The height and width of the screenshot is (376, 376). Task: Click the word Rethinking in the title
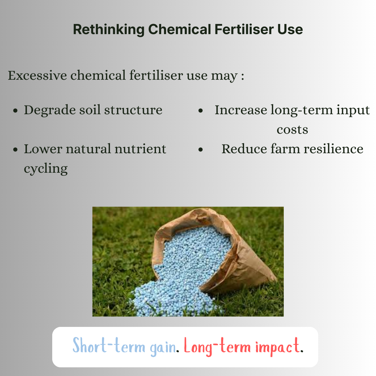109,30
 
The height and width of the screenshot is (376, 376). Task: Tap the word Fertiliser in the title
244,29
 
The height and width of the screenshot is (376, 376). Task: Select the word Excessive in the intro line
37,75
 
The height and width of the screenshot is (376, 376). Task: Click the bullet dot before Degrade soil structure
16,111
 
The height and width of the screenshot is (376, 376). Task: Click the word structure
133,110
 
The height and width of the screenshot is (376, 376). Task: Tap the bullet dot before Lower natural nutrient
16,150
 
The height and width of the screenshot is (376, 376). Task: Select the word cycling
46,169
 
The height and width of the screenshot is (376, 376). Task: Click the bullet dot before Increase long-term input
201,111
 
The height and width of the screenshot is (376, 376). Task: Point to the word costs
292,130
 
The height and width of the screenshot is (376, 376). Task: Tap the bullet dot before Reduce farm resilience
201,150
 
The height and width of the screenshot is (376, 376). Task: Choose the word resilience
334,149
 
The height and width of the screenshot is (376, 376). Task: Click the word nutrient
140,149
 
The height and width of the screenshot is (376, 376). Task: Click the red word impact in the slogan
277,347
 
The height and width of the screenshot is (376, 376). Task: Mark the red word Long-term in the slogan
217,346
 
